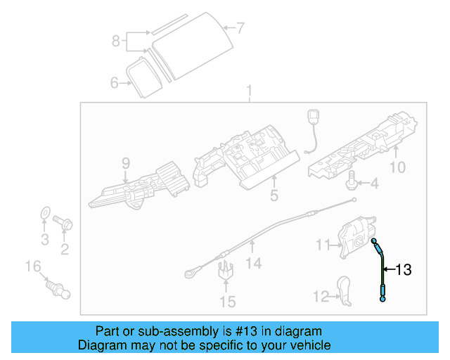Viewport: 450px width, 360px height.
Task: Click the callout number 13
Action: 404,269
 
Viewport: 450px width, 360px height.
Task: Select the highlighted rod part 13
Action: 382,271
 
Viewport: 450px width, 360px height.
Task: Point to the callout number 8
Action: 116,41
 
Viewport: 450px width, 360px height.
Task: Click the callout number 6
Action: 115,83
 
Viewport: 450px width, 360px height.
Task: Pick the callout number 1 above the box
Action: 247,91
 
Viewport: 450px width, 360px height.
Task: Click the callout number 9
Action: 126,163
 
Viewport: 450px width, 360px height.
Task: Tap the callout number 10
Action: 397,167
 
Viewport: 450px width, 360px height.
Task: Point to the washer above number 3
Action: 44,212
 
